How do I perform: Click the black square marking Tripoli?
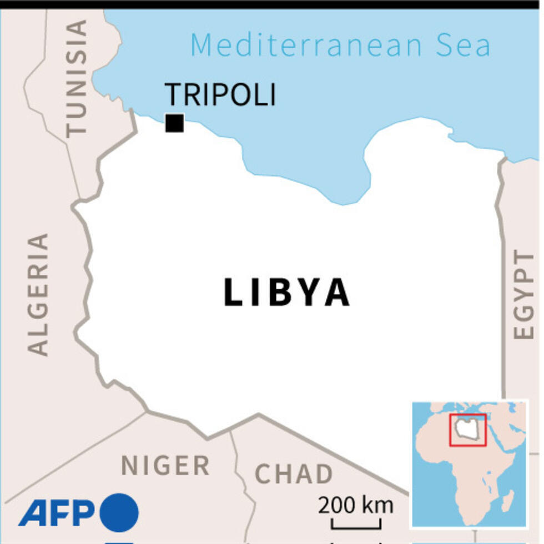coord(174,123)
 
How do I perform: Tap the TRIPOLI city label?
coord(220,94)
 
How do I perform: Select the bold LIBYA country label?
coord(286,293)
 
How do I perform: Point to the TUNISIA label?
coord(77,78)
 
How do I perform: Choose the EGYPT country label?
coord(523,294)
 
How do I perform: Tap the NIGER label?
coord(165,465)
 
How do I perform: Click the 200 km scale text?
coord(355,506)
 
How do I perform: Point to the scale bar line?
coord(356,525)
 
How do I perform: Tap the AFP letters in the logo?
coord(57,513)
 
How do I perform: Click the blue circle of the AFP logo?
coord(119,512)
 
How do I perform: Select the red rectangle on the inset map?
coord(468,429)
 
